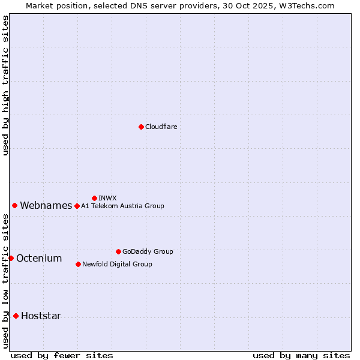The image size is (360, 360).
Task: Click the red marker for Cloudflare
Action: pyautogui.click(x=141, y=127)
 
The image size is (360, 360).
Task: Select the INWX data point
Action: pyautogui.click(x=94, y=198)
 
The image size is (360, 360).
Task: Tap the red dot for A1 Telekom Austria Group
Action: pyautogui.click(x=77, y=206)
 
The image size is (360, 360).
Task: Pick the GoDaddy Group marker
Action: pyautogui.click(x=118, y=251)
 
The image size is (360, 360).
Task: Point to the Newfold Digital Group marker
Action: pyautogui.click(x=78, y=264)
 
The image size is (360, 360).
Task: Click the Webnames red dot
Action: pyautogui.click(x=14, y=205)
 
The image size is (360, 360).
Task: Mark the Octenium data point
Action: pyautogui.click(x=11, y=258)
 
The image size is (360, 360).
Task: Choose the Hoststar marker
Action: pyautogui.click(x=16, y=316)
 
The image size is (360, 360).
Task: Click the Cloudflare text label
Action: pyautogui.click(x=161, y=127)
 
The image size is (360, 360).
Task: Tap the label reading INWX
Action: pyautogui.click(x=107, y=198)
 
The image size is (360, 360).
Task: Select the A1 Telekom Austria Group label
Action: pyautogui.click(x=122, y=206)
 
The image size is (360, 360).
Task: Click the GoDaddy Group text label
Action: pyautogui.click(x=148, y=251)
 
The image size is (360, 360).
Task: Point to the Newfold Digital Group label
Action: pyautogui.click(x=117, y=264)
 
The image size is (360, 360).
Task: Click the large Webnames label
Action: pyautogui.click(x=46, y=205)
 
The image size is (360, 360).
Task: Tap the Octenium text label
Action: pyautogui.click(x=39, y=258)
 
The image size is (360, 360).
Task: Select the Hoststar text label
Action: pyautogui.click(x=41, y=316)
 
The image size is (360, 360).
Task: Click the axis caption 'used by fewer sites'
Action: pyautogui.click(x=62, y=355)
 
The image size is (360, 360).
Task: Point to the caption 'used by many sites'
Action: pyautogui.click(x=301, y=355)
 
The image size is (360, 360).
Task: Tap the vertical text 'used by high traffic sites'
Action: pyautogui.click(x=5, y=85)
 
